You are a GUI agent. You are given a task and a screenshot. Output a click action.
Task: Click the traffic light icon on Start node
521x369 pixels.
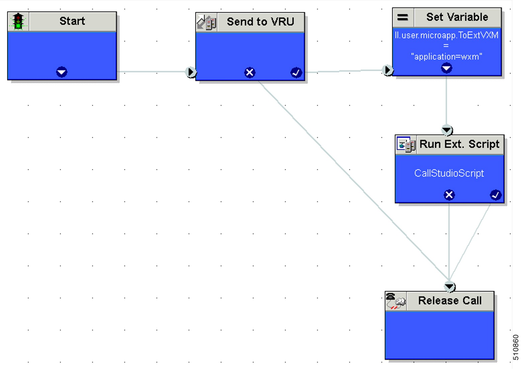click(18, 21)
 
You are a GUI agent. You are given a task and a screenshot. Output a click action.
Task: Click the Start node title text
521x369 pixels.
click(72, 21)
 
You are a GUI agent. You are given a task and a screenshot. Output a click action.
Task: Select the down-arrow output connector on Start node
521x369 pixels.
click(62, 72)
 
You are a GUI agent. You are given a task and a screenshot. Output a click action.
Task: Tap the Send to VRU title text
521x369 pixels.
click(260, 22)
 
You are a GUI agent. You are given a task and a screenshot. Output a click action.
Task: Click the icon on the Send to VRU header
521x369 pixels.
click(206, 22)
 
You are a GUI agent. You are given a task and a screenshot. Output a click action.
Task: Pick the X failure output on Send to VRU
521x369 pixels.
click(249, 73)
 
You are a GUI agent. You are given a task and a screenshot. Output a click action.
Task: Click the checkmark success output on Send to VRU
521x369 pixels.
click(296, 73)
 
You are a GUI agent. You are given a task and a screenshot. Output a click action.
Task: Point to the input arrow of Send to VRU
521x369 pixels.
click(191, 72)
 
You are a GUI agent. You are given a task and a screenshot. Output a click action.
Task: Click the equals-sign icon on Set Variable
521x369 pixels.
click(402, 17)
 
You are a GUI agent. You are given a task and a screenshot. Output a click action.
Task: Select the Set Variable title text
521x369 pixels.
click(457, 17)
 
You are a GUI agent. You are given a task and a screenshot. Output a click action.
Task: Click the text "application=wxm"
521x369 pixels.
click(446, 57)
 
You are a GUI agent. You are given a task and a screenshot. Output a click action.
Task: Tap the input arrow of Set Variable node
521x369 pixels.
click(387, 70)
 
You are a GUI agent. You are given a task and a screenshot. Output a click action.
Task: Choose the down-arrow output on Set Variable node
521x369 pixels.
click(446, 68)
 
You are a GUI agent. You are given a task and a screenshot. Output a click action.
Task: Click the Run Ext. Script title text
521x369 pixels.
click(459, 144)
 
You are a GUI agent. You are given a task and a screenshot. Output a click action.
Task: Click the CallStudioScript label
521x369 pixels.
click(449, 173)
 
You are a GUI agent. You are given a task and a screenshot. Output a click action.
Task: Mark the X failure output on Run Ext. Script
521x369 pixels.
click(449, 195)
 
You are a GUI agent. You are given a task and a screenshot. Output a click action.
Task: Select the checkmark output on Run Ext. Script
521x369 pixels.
click(495, 195)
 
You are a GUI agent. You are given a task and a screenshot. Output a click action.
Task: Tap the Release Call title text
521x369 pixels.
click(450, 300)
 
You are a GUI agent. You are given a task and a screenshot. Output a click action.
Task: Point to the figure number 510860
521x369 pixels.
click(516, 347)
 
